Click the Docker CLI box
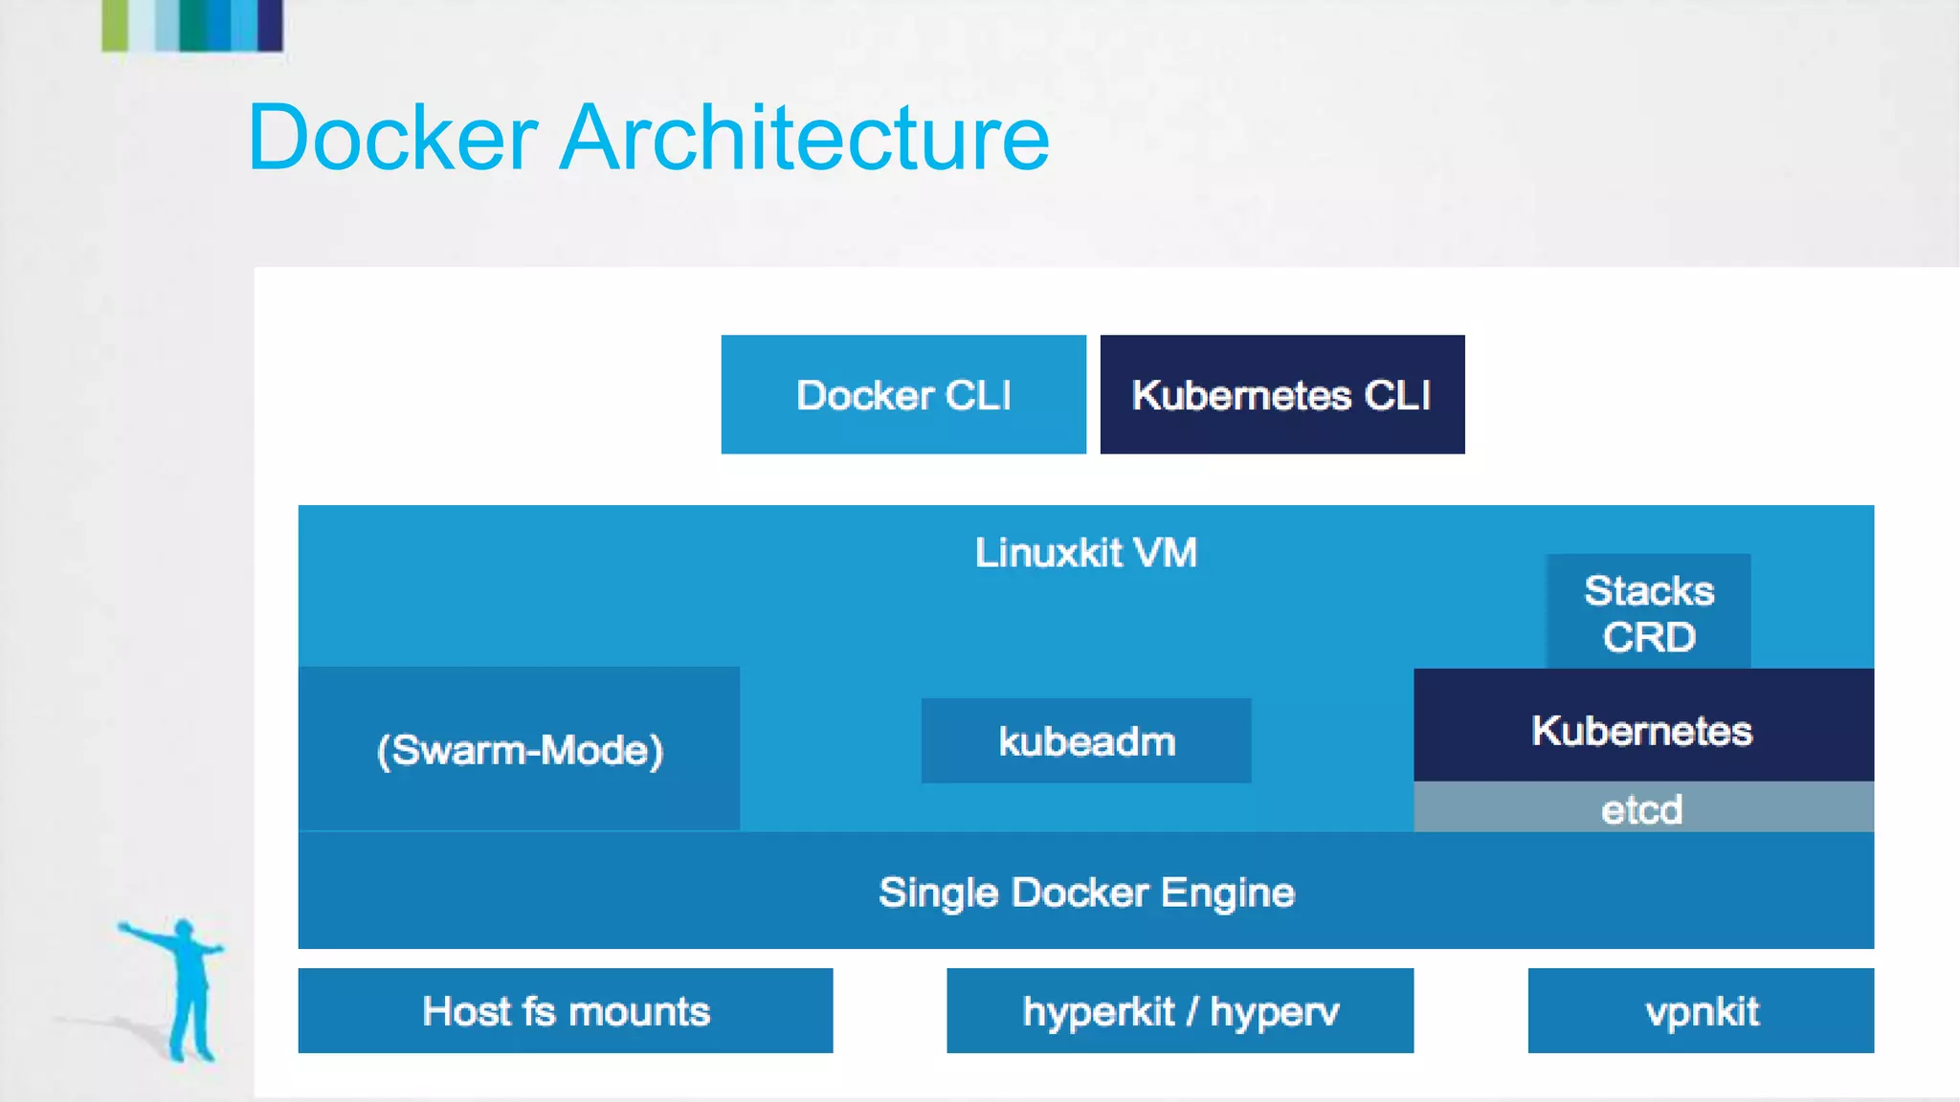[902, 394]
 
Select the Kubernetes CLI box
[1281, 394]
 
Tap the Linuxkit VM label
[1085, 553]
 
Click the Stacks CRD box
[1648, 612]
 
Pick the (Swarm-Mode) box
[519, 749]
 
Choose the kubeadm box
[1085, 741]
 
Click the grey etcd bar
[1642, 808]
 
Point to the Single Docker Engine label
[1085, 893]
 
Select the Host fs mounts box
[565, 1011]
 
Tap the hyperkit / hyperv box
[1179, 1011]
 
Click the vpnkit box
[1701, 1011]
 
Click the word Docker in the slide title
[392, 139]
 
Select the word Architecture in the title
[804, 139]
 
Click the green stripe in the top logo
[115, 24]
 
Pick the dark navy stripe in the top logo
[270, 24]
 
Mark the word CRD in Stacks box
[1648, 637]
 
